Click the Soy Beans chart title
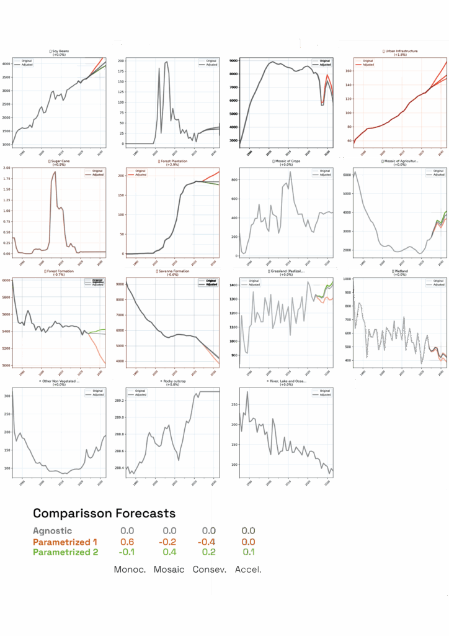pos(60,51)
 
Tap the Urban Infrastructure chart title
pos(401,51)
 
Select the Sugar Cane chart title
pos(60,161)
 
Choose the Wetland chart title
pos(401,271)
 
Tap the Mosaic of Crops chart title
pos(286,161)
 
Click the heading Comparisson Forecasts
pos(104,513)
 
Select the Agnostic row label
pos(52,531)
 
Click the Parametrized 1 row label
pos(65,542)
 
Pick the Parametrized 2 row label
pos(65,552)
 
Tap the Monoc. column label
pos(130,570)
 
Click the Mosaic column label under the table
pos(169,570)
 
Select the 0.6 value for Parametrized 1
pos(127,542)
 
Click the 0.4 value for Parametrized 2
pos(169,552)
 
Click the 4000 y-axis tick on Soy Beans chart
pos(6,64)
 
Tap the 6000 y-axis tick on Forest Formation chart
pos(6,281)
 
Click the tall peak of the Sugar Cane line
pos(55,173)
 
